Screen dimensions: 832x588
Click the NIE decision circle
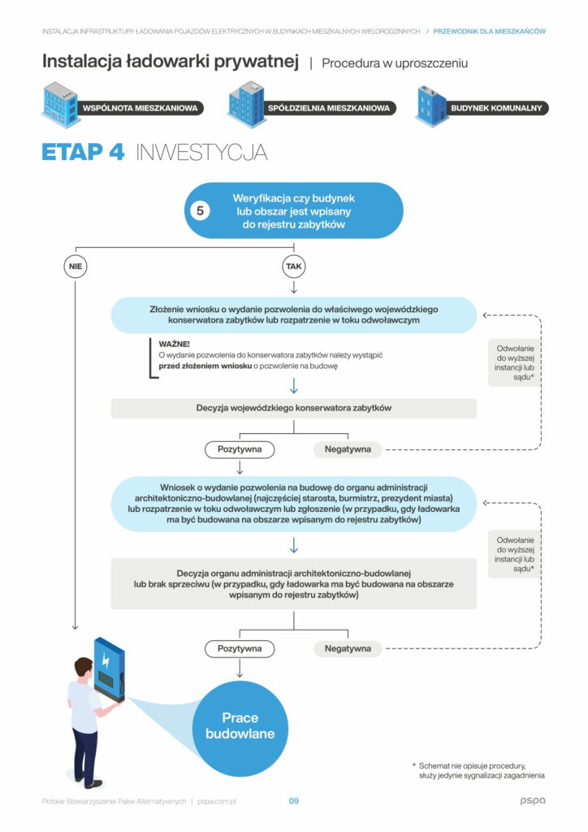tap(75, 266)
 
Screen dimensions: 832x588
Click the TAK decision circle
tap(293, 266)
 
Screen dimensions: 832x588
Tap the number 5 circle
tap(201, 210)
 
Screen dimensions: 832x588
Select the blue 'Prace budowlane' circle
tap(240, 727)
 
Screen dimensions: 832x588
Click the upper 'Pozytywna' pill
tap(240, 448)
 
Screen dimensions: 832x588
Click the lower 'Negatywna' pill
tap(348, 648)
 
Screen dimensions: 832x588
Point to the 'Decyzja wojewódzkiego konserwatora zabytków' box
tap(293, 408)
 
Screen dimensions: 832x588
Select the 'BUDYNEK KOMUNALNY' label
tap(496, 108)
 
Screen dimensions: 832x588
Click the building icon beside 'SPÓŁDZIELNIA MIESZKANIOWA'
tap(247, 102)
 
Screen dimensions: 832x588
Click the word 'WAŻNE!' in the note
tap(170, 344)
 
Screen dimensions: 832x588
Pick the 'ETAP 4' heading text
tap(83, 152)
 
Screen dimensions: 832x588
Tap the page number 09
tap(294, 801)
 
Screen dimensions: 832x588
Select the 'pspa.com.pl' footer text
tap(216, 801)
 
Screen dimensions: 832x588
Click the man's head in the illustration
tap(84, 668)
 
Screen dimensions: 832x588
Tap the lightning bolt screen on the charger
tap(106, 660)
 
